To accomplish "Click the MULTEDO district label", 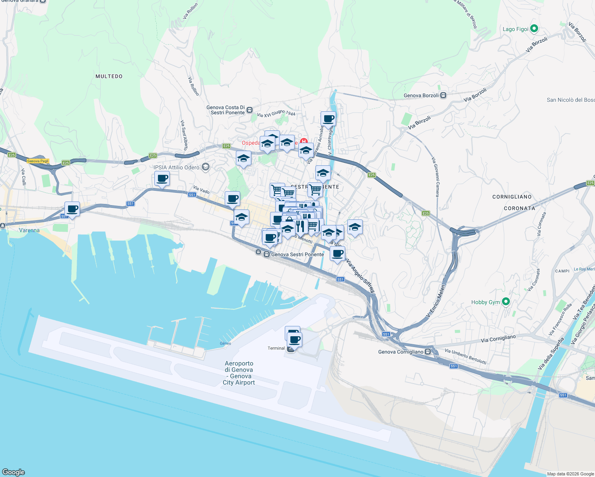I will point(109,76).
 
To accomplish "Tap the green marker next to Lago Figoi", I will point(534,29).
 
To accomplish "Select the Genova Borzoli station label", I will point(421,95).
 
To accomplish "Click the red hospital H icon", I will point(304,142).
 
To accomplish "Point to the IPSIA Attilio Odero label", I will point(177,167).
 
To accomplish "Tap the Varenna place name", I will point(29,230).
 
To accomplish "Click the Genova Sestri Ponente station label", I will point(297,254).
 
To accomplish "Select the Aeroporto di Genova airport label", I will point(239,373).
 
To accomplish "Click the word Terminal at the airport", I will point(276,348).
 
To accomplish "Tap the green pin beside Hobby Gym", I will point(506,302).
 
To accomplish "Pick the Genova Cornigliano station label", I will point(401,352).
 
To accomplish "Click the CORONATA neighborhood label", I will point(519,208).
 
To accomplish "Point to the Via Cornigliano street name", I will point(498,339).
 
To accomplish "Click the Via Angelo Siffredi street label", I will point(360,277).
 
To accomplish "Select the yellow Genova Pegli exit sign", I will point(38,161).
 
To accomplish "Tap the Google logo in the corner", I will point(14,472).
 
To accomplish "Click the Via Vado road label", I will point(201,190).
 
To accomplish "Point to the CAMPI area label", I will point(562,271).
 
